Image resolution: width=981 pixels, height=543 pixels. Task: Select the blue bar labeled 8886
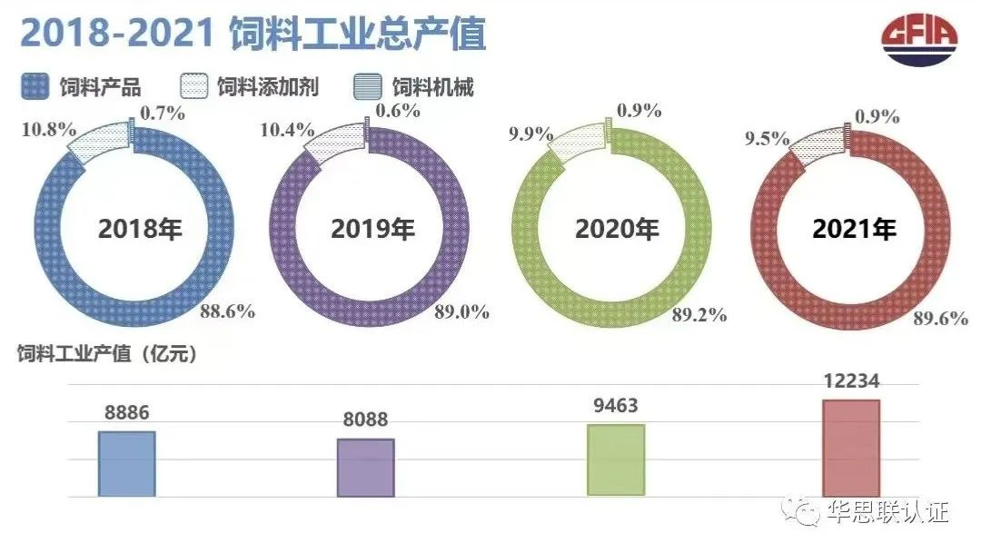click(126, 463)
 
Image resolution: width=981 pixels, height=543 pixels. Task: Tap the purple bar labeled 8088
click(365, 468)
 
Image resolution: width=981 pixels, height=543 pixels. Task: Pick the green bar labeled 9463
click(616, 459)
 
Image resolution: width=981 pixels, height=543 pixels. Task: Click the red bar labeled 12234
click(851, 448)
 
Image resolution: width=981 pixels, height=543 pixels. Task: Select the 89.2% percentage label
click(699, 315)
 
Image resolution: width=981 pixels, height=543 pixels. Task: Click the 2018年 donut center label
click(141, 228)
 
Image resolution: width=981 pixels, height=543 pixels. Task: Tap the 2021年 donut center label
click(854, 229)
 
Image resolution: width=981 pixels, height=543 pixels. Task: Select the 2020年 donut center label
click(617, 229)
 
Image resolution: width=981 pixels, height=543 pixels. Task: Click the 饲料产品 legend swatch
click(35, 87)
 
